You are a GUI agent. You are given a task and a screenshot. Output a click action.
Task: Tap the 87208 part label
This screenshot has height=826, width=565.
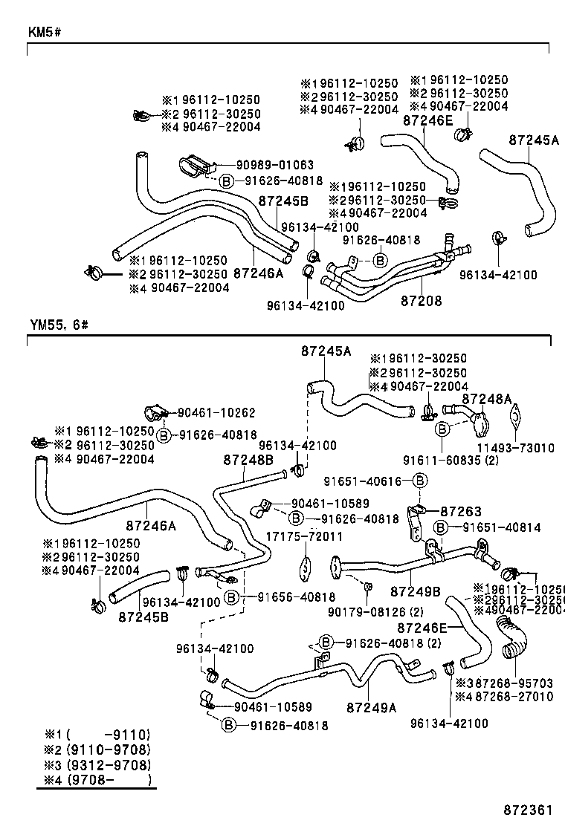coord(421,301)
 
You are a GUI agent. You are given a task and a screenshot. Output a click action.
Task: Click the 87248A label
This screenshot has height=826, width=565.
coord(487,399)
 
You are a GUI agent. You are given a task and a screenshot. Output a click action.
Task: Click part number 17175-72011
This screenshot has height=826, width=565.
coord(304,536)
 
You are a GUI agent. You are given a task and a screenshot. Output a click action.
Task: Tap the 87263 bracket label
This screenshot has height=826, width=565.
coord(461,511)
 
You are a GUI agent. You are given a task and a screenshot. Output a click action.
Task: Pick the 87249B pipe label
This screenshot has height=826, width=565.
coord(415,591)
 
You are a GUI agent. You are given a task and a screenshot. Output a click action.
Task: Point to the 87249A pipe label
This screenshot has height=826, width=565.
coord(372,708)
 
